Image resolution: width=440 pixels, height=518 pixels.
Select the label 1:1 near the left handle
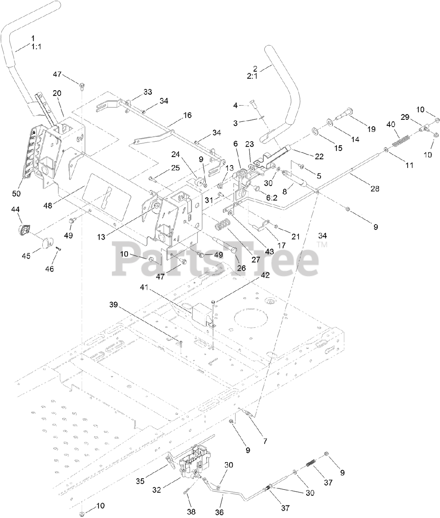click(x=36, y=47)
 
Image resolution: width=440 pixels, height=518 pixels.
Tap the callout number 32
click(x=157, y=490)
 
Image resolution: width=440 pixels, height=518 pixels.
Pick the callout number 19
click(x=371, y=129)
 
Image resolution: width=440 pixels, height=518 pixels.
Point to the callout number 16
click(x=187, y=115)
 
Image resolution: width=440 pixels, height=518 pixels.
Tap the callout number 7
click(x=265, y=441)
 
